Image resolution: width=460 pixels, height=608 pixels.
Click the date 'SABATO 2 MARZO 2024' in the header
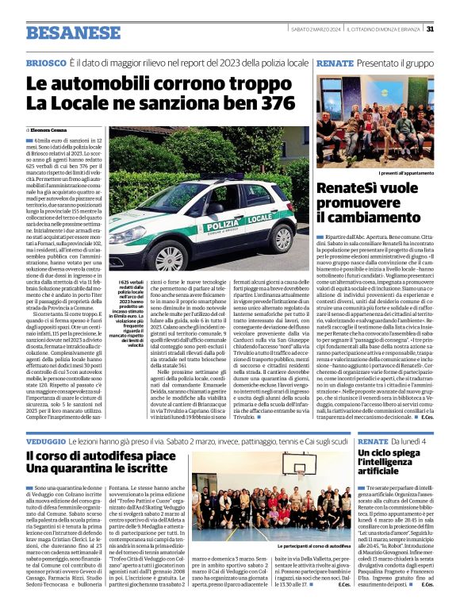click(315, 29)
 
